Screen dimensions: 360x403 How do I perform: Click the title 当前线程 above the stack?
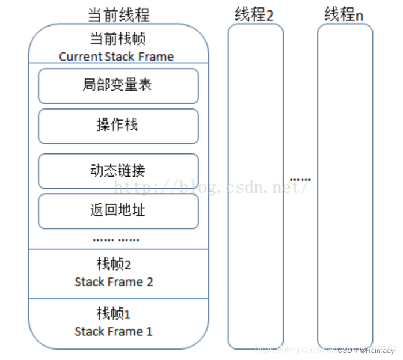[118, 14]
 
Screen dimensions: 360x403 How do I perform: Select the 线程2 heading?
[254, 14]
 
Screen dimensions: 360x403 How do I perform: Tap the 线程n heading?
[344, 14]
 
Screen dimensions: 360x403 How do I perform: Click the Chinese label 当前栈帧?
[118, 39]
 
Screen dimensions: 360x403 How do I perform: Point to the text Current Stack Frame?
[116, 56]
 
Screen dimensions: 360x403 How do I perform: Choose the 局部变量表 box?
[118, 86]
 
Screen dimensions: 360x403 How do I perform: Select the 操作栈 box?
[118, 126]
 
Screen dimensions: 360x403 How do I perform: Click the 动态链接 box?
[118, 171]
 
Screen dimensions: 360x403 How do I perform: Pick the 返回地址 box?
[118, 211]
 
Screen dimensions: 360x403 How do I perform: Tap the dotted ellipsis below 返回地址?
[116, 239]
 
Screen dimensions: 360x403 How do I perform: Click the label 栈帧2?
[114, 264]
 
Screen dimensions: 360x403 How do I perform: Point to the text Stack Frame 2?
[114, 282]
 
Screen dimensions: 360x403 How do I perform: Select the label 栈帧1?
[114, 314]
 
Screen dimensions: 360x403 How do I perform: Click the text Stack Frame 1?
[114, 332]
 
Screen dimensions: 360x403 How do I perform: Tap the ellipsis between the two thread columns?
[300, 179]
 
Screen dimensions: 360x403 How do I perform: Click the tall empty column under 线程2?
[255, 190]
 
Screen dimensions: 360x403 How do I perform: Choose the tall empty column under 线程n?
[345, 190]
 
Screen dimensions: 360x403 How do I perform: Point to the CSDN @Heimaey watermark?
[366, 350]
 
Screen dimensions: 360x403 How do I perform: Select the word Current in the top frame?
[81, 56]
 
